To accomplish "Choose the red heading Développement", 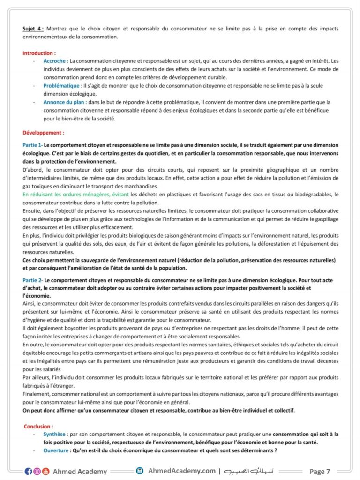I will click(x=43, y=133).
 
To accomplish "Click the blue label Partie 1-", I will click(x=32, y=145).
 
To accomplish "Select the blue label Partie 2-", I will click(x=32, y=280).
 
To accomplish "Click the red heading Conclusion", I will click(x=38, y=426).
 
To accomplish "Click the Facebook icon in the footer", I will click(x=28, y=471).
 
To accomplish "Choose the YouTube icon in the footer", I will click(x=45, y=471).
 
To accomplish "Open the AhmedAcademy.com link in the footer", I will click(x=181, y=471).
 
